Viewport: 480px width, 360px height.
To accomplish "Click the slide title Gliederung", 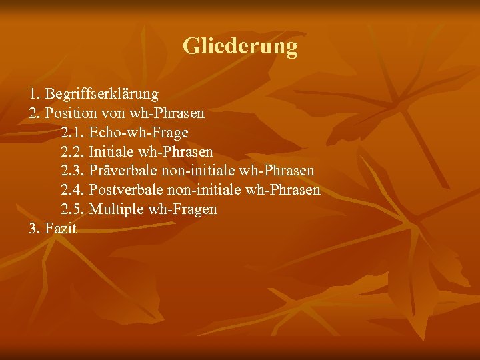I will coord(240,46).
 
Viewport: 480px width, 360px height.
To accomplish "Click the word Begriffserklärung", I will coord(101,94).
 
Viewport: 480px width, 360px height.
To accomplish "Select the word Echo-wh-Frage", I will coord(139,133).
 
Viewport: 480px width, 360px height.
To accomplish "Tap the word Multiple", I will coord(116,209).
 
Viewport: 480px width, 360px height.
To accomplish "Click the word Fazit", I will coord(61,229).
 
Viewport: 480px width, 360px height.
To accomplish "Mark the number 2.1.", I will coord(72,133).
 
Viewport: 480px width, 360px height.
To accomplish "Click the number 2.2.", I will coord(72,152).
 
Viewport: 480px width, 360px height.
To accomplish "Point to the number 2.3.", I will coord(72,171).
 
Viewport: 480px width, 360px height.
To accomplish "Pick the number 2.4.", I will coord(72,191).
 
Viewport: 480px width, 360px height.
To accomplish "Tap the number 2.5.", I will coord(72,209).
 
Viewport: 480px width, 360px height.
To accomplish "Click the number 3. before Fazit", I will coord(35,229).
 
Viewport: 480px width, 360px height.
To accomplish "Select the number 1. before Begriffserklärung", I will coord(35,94).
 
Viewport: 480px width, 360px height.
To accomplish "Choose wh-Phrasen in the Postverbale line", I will coord(283,191).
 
